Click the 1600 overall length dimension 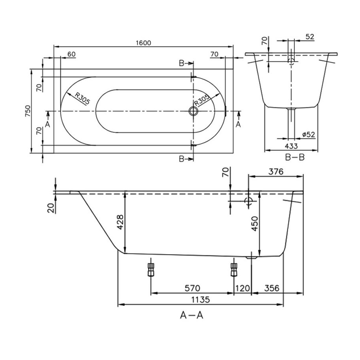point(144,43)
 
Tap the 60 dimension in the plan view point(71,54)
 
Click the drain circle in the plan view point(194,111)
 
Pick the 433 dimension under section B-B point(291,146)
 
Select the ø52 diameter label point(308,134)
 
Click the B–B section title point(295,157)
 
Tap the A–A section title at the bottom point(192,315)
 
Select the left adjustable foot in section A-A point(150,269)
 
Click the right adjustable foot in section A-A point(234,269)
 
